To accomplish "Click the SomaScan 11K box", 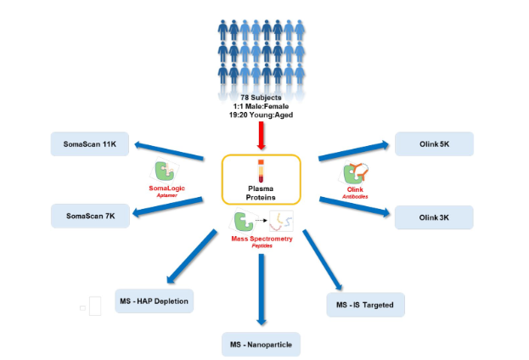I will coord(89,144).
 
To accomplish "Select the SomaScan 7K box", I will coord(89,216).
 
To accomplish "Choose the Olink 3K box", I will coord(433,217).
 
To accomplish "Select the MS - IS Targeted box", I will coord(365,303).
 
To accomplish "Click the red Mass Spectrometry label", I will coord(262,239).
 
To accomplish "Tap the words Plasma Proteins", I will coord(262,192).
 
